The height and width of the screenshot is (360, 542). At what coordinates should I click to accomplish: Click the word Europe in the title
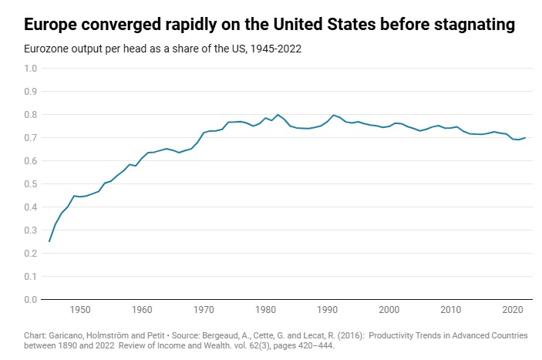pos(50,25)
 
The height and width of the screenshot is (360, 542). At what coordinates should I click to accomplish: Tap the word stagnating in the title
pos(474,25)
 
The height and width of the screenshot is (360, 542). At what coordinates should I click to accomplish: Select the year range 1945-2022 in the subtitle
pos(276,49)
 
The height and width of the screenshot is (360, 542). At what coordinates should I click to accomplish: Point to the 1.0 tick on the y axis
pos(30,69)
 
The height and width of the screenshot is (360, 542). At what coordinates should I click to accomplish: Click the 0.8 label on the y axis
pos(30,115)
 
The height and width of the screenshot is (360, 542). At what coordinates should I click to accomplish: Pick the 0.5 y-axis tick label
pos(30,184)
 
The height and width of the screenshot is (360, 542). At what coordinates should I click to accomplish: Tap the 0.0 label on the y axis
pos(30,300)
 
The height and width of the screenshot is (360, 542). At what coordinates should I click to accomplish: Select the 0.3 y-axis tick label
pos(30,230)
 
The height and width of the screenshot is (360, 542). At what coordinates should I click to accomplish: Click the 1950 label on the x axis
pos(80,310)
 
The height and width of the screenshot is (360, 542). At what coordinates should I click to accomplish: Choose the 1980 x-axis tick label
pos(265,310)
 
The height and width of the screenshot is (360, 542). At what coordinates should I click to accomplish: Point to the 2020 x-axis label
pos(513,310)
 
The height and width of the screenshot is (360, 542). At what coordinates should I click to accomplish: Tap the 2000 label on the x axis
pos(389,310)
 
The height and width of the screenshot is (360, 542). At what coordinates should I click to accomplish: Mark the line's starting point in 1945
pos(49,241)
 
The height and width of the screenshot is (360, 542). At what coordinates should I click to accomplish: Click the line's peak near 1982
pos(278,114)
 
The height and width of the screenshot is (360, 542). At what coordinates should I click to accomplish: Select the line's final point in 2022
pos(525,138)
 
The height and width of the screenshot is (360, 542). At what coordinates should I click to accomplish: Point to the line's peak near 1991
pos(334,115)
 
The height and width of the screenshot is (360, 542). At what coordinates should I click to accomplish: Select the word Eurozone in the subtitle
pos(46,49)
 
